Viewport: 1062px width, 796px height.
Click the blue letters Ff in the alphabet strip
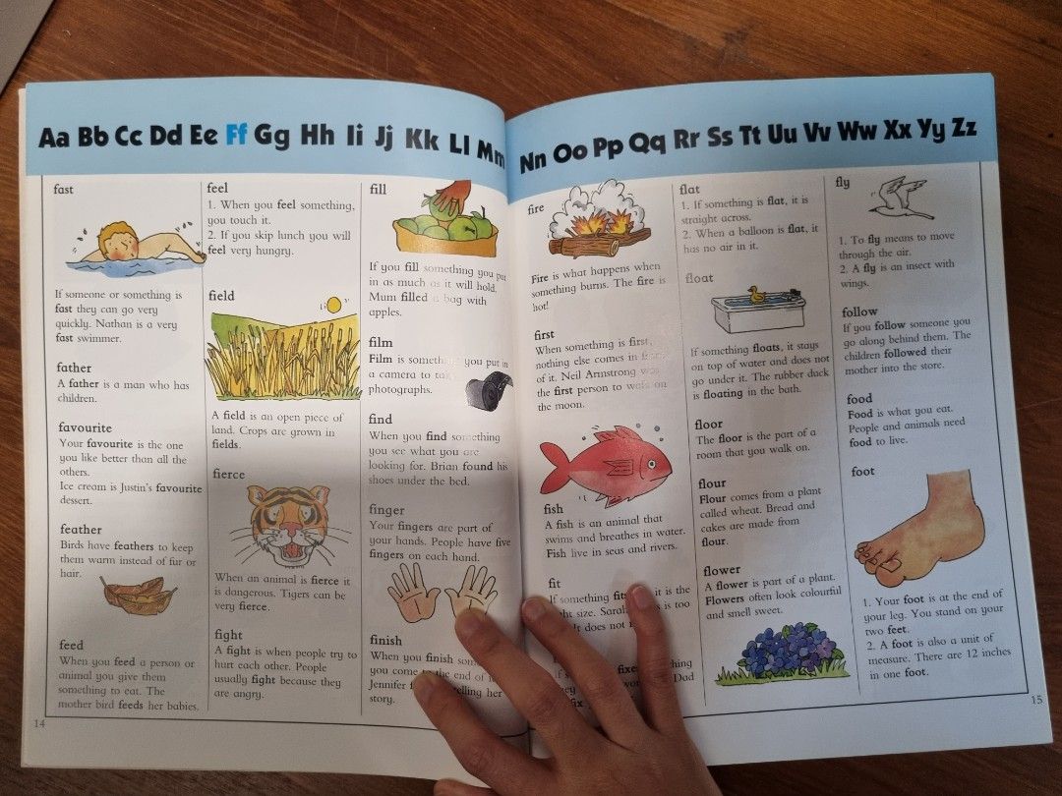pos(236,136)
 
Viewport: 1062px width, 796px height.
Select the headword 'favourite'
pos(85,427)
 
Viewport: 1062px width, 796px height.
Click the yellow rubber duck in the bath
pos(756,294)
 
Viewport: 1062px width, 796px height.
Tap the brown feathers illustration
pos(138,595)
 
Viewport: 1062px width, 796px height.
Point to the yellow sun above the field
pos(333,306)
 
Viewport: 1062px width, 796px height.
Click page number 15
pos(1035,699)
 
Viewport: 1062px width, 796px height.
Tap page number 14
pos(39,723)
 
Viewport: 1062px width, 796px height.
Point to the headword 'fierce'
pos(228,474)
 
